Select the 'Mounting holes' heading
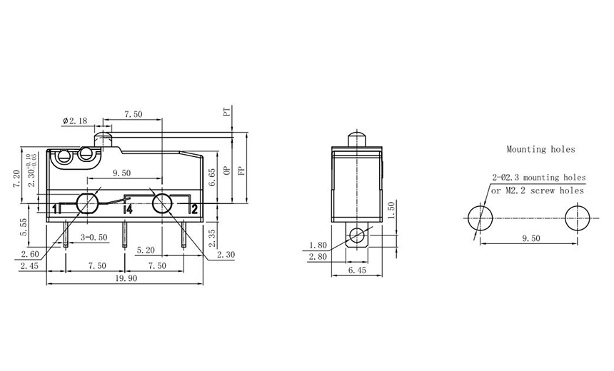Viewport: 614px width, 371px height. (540, 150)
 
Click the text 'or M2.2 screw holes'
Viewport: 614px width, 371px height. (537, 190)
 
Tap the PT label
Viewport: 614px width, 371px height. (226, 113)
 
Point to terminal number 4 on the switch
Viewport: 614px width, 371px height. (129, 209)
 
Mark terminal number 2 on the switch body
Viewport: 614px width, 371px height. (193, 209)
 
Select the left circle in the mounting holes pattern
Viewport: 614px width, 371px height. (478, 218)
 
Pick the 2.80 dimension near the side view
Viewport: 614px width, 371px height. (318, 255)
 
